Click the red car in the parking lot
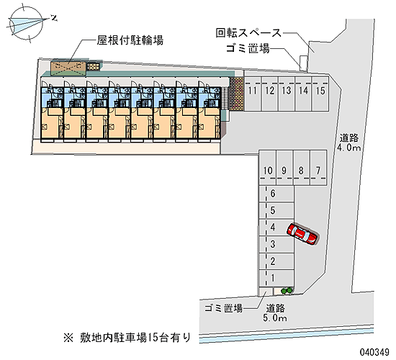pos(302,235)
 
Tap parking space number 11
pos(253,94)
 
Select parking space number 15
pos(320,94)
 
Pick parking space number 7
pos(318,168)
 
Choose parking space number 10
pos(267,168)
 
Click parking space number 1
pos(276,279)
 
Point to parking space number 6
pos(276,194)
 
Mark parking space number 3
pos(276,245)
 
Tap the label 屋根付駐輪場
pos(130,40)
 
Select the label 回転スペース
pos(248,33)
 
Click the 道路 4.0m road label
pos(349,143)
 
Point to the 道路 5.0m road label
pos(275,312)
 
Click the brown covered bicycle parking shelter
pos(68,68)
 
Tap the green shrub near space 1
pos(287,291)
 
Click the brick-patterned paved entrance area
pos(237,94)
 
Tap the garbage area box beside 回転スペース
pos(304,63)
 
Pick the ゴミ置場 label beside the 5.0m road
pos(223,308)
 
